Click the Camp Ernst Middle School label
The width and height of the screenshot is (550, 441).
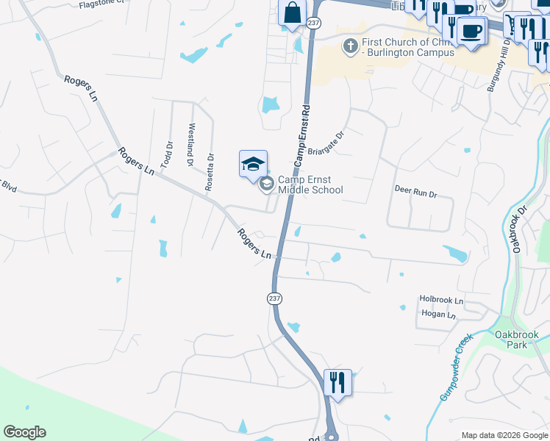tap(310, 184)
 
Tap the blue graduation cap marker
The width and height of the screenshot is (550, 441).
tap(253, 163)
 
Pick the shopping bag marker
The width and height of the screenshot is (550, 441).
tap(292, 12)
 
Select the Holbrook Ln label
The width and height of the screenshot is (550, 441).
tap(441, 301)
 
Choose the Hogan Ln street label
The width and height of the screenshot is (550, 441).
tap(438, 315)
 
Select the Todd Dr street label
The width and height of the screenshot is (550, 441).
tap(168, 155)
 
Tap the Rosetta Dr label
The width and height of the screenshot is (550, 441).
tap(210, 172)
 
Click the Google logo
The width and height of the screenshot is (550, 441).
tap(24, 432)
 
